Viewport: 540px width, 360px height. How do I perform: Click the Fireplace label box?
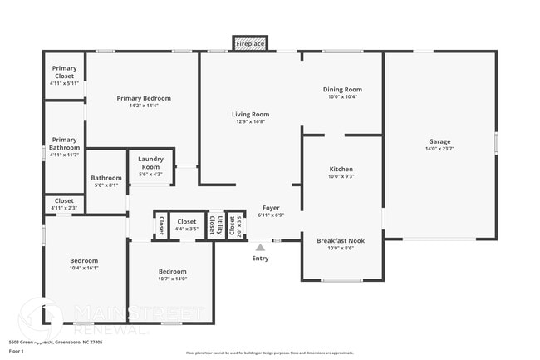pyautogui.click(x=250, y=43)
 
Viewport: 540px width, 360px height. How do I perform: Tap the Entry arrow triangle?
pyautogui.click(x=261, y=247)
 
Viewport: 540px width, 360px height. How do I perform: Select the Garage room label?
pyautogui.click(x=439, y=141)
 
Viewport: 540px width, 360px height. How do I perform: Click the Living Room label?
pyautogui.click(x=250, y=115)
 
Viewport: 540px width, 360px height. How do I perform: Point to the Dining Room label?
pyautogui.click(x=342, y=90)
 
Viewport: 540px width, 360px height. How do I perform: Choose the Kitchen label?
pyautogui.click(x=341, y=169)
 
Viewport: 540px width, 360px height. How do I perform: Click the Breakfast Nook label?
pyautogui.click(x=341, y=240)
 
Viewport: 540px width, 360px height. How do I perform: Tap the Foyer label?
pyautogui.click(x=271, y=207)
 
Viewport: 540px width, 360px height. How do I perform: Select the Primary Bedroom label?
pyautogui.click(x=143, y=98)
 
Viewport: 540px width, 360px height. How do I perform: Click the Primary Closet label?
pyautogui.click(x=64, y=72)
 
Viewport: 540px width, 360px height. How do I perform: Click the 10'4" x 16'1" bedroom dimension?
pyautogui.click(x=83, y=268)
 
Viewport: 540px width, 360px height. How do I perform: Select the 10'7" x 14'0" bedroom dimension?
pyautogui.click(x=172, y=279)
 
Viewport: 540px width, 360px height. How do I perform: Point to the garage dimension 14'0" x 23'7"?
pyautogui.click(x=439, y=149)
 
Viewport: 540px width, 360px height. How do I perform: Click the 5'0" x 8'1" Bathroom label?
pyautogui.click(x=106, y=177)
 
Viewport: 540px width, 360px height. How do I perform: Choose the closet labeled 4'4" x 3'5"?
pyautogui.click(x=187, y=222)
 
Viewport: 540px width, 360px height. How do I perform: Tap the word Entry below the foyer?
pyautogui.click(x=261, y=259)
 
